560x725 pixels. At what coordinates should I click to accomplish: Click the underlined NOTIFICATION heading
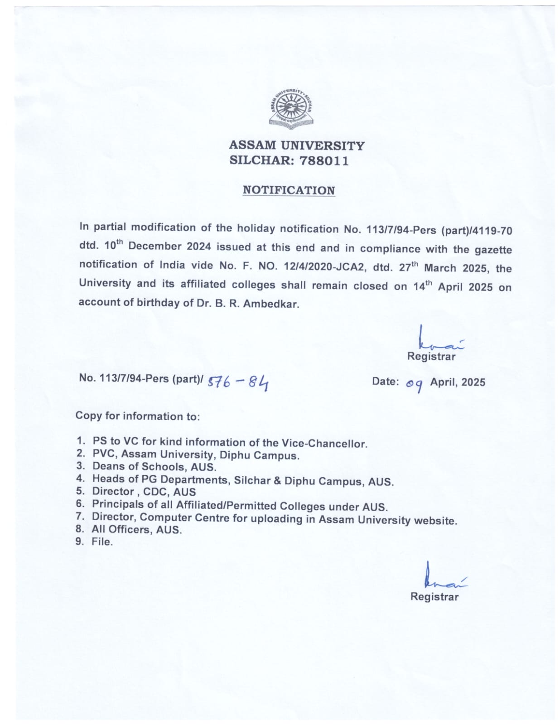pyautogui.click(x=289, y=190)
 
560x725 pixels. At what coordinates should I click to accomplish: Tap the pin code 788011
pyautogui.click(x=324, y=161)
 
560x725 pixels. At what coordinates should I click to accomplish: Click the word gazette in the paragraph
pyautogui.click(x=493, y=250)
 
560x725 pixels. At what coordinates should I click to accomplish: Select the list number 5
pyautogui.click(x=80, y=491)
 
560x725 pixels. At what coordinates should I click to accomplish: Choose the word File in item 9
pyautogui.click(x=101, y=541)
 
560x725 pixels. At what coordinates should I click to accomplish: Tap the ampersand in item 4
pyautogui.click(x=277, y=480)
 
